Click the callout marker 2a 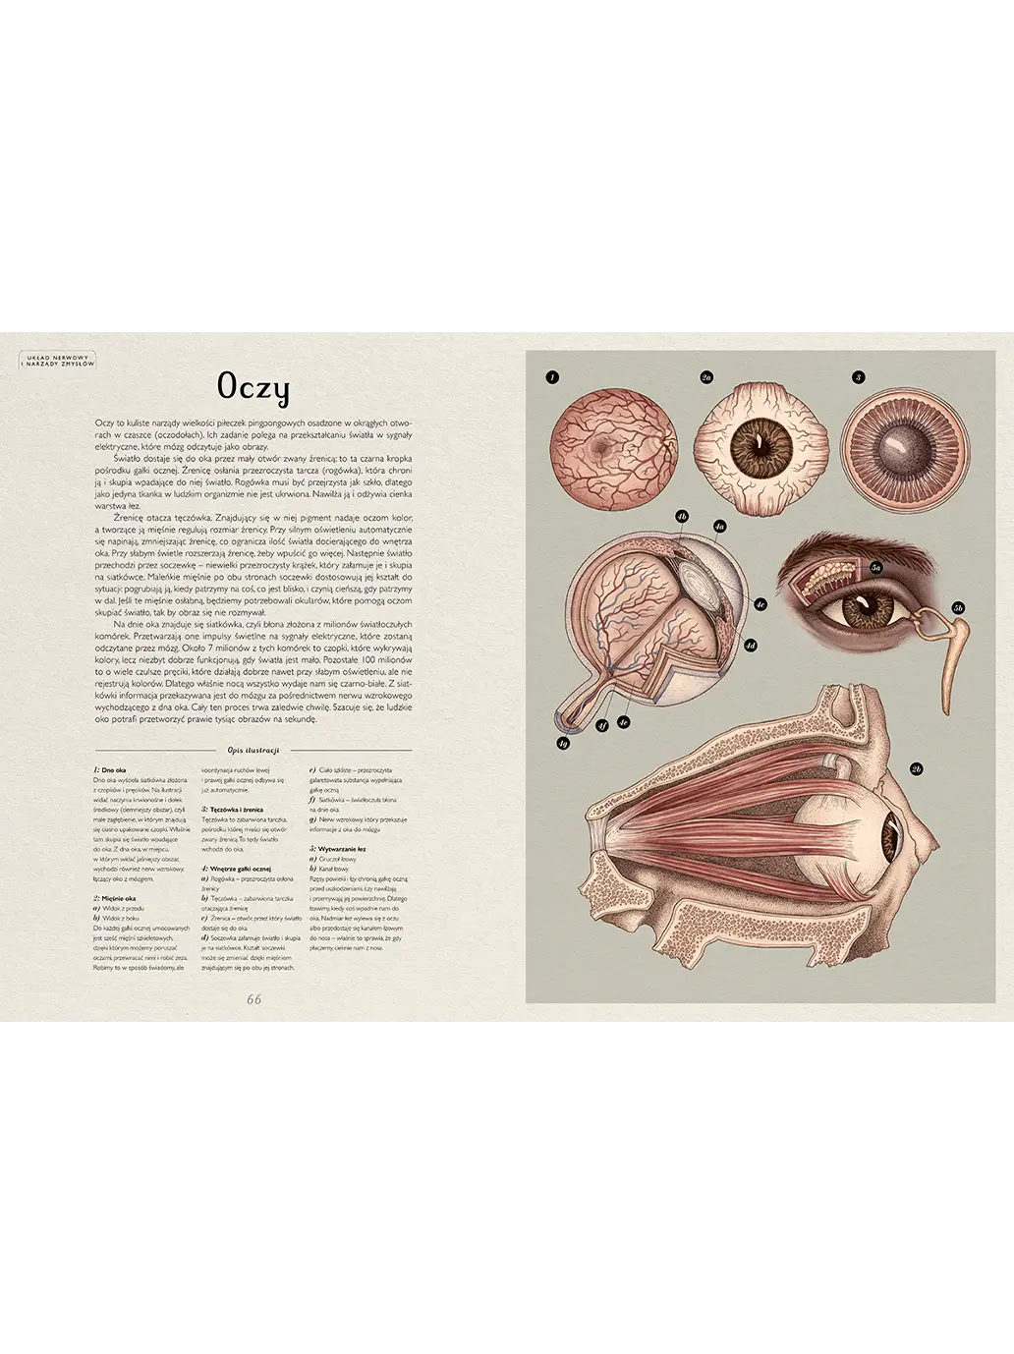(x=705, y=376)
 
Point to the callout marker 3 (x=858, y=376)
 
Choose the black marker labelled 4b (x=682, y=515)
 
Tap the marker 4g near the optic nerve (x=563, y=744)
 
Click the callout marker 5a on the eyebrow (x=877, y=568)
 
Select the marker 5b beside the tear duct (x=959, y=608)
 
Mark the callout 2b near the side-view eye (x=916, y=768)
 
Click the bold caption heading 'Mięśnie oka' (x=118, y=898)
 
